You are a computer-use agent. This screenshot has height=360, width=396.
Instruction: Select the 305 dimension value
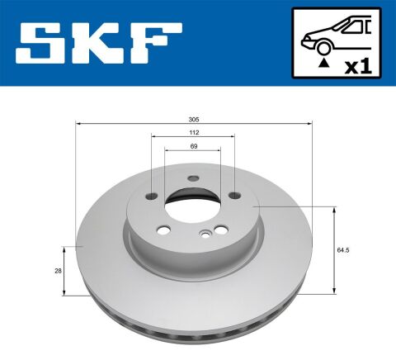(193, 119)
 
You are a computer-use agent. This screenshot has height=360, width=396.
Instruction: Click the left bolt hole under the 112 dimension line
(153, 196)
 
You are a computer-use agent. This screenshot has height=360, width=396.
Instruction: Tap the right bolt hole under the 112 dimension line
(233, 196)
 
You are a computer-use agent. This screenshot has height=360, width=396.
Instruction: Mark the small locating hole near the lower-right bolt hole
(203, 236)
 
